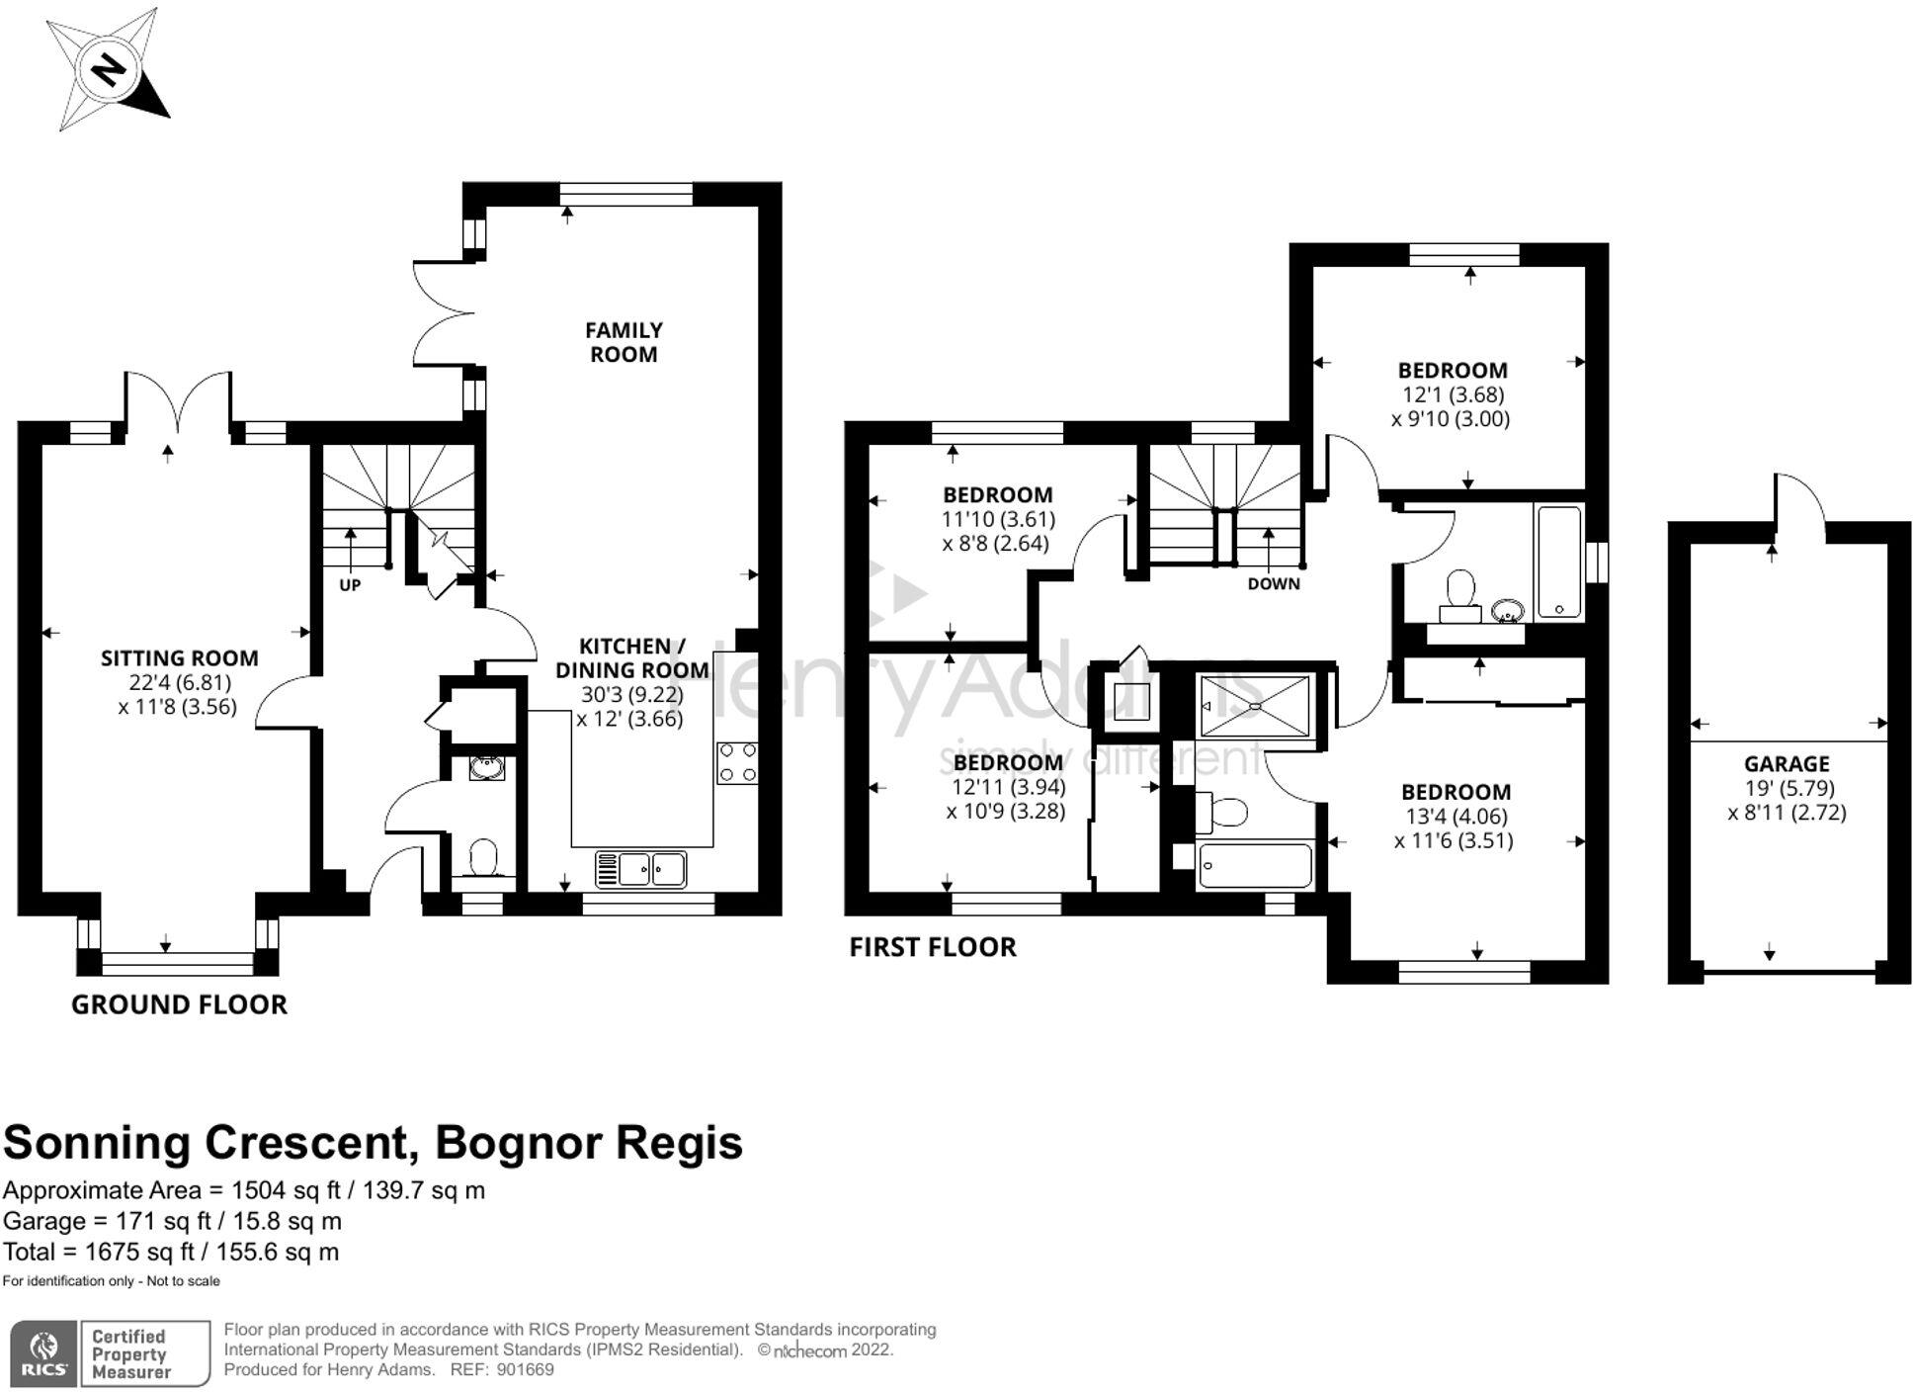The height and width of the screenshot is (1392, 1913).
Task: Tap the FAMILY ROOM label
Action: point(624,342)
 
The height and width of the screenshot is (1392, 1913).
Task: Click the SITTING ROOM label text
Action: point(180,658)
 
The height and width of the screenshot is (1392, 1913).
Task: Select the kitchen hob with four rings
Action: point(737,762)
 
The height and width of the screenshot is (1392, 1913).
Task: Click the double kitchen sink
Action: point(641,869)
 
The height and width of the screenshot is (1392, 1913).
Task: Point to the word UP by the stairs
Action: point(350,585)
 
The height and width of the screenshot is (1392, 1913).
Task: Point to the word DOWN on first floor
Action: point(1274,584)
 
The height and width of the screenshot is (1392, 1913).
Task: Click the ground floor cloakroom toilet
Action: point(483,857)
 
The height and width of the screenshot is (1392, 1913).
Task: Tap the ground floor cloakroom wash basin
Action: point(486,767)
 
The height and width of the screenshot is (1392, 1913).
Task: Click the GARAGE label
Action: point(1787,764)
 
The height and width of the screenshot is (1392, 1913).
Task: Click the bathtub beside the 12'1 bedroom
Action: point(1559,562)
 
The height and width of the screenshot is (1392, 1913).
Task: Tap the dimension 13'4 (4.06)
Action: point(1456,817)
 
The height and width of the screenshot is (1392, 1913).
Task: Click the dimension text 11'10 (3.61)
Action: point(998,519)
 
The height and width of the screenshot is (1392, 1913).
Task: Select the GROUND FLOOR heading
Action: point(179,1004)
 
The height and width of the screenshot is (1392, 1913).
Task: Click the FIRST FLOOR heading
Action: point(933,947)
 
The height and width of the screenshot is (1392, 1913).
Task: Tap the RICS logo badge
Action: point(44,1353)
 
